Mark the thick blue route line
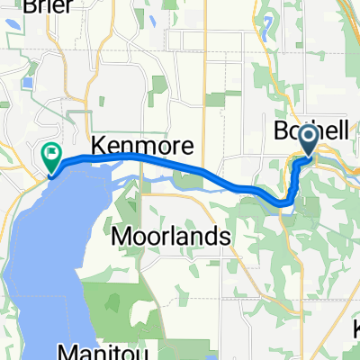pyautogui.click(x=180, y=166)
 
